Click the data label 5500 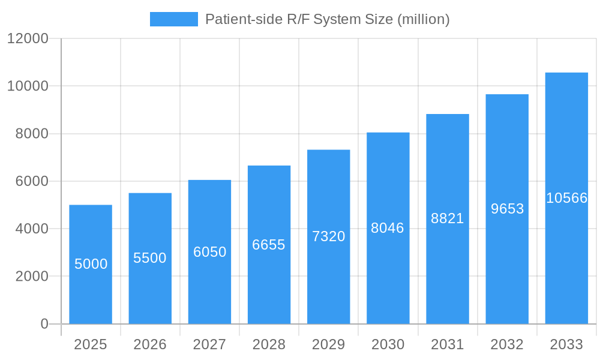(150, 258)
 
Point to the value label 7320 (329, 236)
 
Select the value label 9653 (507, 209)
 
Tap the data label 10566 (566, 198)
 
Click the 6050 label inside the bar (209, 252)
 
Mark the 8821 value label (448, 218)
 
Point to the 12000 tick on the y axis (28, 38)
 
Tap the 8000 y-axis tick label (32, 134)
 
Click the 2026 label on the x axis (150, 344)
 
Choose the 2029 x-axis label (329, 344)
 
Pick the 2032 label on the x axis (507, 344)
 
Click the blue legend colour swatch (173, 19)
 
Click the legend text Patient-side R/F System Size (327, 19)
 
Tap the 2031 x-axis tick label (448, 344)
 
